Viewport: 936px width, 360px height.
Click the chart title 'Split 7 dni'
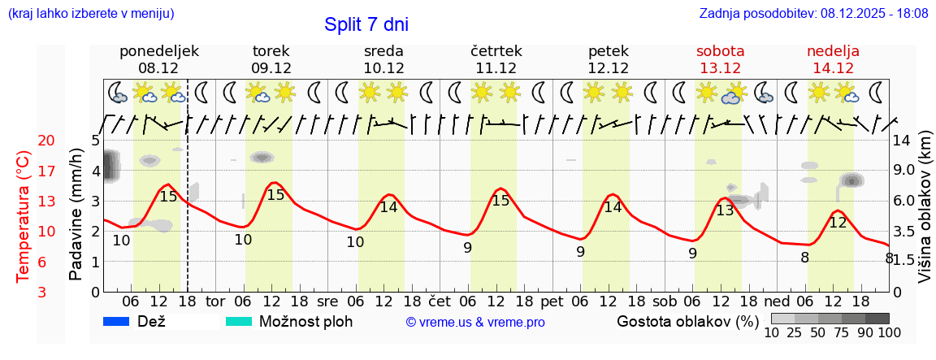click(366, 24)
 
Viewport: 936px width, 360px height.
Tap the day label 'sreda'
click(383, 51)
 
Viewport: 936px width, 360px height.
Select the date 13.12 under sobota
click(720, 68)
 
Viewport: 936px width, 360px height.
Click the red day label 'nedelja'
click(833, 51)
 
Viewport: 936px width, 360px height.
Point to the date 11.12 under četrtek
click(496, 68)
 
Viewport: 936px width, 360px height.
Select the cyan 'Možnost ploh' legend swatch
click(239, 322)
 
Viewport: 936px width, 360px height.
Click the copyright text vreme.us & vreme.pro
click(474, 323)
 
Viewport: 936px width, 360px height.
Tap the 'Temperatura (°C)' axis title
click(23, 216)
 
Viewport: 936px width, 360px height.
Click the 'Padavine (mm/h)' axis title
click(76, 215)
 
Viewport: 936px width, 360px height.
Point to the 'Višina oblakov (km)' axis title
click(925, 215)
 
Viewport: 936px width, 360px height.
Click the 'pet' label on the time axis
click(552, 301)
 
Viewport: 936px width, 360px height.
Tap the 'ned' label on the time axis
click(776, 301)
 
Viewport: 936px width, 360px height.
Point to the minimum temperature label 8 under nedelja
click(804, 258)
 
